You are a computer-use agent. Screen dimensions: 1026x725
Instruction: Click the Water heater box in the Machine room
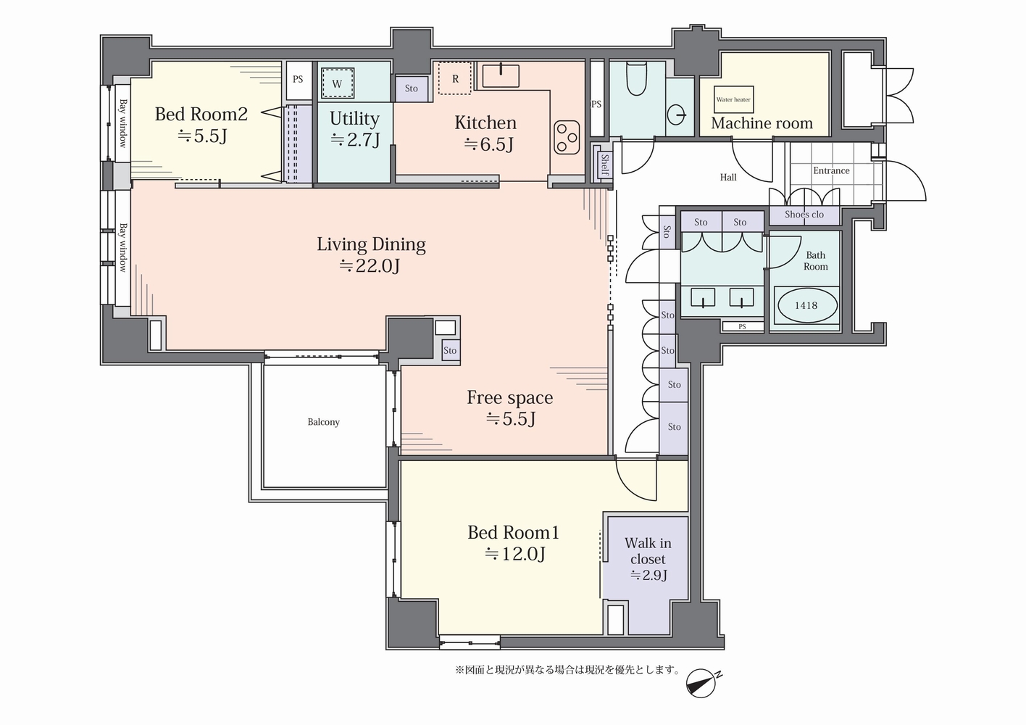coord(733,99)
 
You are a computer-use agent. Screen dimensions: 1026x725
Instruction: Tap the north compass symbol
coord(702,683)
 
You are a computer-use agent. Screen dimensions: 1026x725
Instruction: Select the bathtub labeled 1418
coord(806,305)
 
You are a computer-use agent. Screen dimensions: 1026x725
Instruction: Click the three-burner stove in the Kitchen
coord(567,137)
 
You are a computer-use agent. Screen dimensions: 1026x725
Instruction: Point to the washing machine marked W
coord(338,83)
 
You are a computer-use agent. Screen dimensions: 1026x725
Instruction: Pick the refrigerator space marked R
coord(455,78)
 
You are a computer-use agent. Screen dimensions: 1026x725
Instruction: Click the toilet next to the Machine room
coord(636,78)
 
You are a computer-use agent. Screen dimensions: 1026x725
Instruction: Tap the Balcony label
coord(323,422)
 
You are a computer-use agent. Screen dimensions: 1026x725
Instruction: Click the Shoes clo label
coord(804,215)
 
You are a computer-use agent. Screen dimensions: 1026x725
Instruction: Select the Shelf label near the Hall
coord(604,165)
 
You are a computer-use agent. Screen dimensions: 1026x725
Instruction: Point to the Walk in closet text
coord(648,551)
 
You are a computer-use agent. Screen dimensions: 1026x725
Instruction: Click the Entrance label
coord(831,170)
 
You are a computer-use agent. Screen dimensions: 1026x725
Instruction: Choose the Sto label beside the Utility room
coord(412,88)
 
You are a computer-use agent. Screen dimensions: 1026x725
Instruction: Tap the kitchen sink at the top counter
coord(501,75)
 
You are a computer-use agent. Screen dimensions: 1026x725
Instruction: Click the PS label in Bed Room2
coord(298,79)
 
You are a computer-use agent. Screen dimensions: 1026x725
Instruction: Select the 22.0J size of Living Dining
coord(370,266)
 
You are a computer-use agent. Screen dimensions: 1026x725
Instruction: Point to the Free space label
coord(510,398)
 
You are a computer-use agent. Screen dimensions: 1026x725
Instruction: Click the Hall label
coord(728,177)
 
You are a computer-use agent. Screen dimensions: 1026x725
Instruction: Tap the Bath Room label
coord(816,261)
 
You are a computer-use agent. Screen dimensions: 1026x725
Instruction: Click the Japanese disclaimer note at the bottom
coord(568,670)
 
